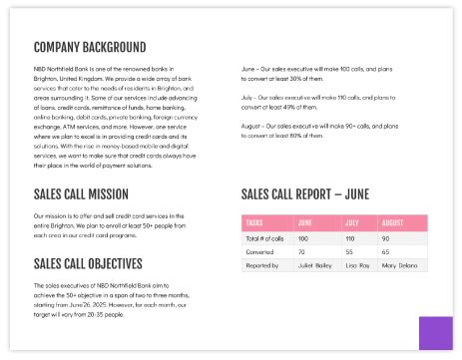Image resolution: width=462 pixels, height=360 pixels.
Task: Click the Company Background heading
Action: (90, 46)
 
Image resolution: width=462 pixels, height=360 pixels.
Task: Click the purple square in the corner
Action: (436, 334)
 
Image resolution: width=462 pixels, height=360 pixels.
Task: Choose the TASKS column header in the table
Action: (254, 222)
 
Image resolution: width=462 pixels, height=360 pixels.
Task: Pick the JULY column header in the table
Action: (351, 222)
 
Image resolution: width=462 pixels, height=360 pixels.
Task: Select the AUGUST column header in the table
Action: (392, 222)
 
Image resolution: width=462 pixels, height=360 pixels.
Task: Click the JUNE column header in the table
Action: (305, 222)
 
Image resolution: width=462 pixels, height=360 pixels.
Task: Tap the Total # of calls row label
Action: (265, 239)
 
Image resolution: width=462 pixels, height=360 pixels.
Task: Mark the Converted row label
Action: (260, 252)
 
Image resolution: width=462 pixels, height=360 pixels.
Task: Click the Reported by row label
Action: (262, 266)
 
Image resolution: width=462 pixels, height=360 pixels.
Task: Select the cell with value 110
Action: (350, 239)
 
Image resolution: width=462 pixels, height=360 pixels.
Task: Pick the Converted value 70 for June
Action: (302, 252)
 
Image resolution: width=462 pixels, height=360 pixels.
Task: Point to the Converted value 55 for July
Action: (349, 252)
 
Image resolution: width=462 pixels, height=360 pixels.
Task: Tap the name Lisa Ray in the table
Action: (357, 266)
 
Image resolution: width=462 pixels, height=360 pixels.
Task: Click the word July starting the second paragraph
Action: (248, 98)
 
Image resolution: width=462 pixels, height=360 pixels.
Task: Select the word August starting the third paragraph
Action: (252, 126)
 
